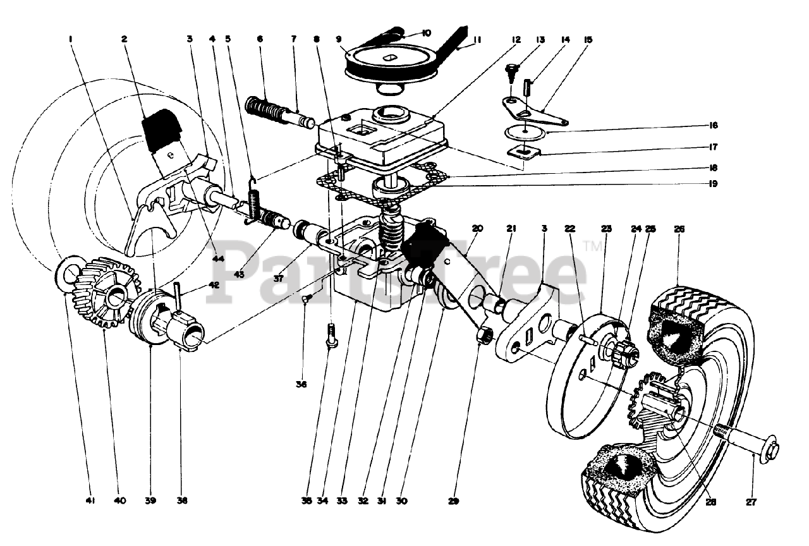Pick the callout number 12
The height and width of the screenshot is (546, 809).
(x=516, y=39)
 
